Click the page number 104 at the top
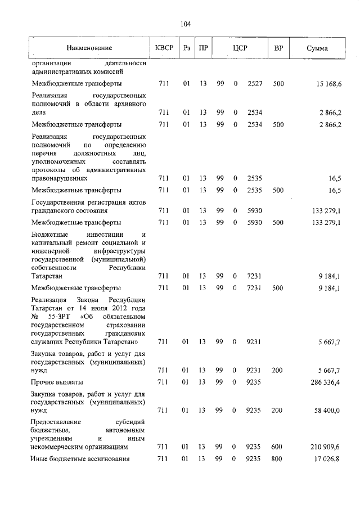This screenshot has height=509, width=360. point(186,24)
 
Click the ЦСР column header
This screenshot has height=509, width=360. point(241,48)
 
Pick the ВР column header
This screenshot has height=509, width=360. point(278,48)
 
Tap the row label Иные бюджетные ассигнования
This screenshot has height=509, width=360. point(80,460)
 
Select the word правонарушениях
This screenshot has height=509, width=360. point(60,178)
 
